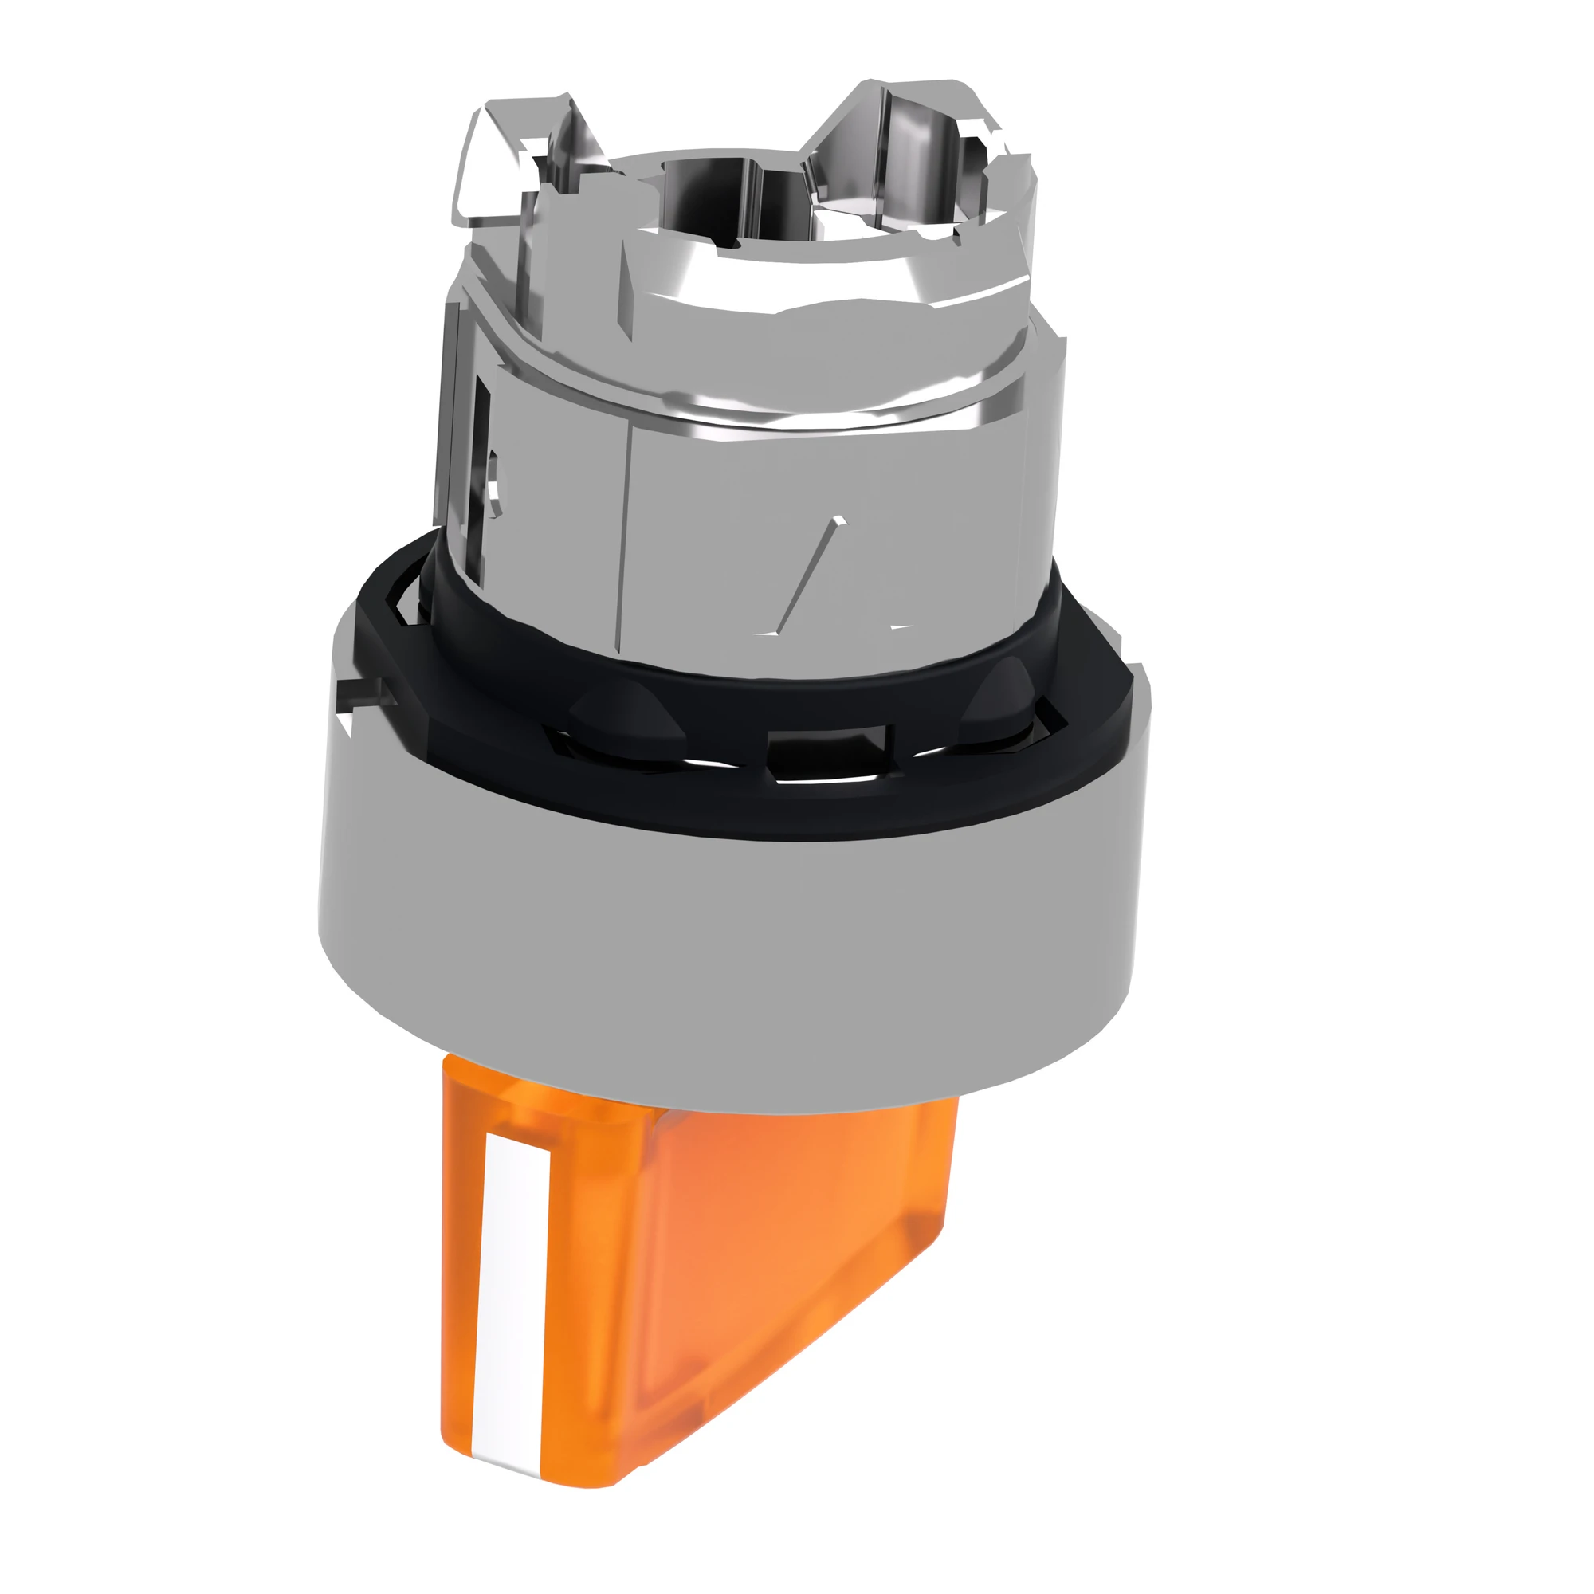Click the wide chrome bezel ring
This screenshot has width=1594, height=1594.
pos(726,948)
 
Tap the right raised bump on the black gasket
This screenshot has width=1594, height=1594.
pos(1003,701)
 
